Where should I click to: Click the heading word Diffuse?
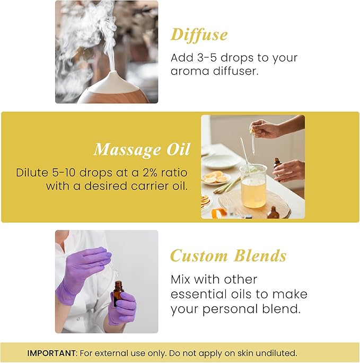click(x=199, y=34)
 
